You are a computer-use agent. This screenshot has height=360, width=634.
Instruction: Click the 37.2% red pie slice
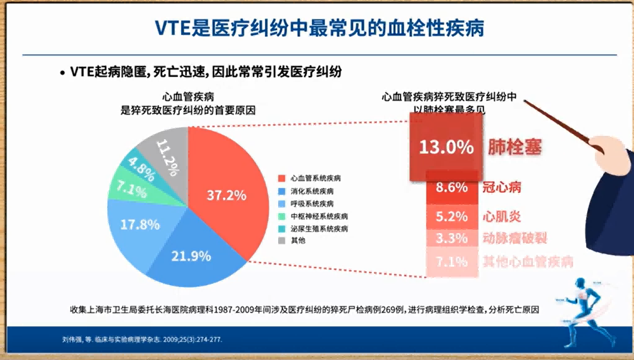click(x=226, y=196)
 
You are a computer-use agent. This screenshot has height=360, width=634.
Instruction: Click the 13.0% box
click(x=446, y=147)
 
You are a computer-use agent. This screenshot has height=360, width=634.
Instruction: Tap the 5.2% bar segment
click(x=451, y=216)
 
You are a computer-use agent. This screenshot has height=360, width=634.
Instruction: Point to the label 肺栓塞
click(x=515, y=147)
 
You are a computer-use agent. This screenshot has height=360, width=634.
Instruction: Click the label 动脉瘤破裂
click(x=514, y=239)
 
